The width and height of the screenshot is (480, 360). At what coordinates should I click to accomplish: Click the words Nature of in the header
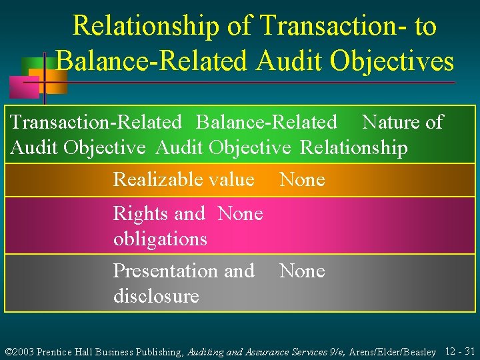[x=402, y=122]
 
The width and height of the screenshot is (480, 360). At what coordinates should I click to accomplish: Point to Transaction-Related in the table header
[x=96, y=122]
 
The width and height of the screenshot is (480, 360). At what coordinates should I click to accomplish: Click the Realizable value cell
[x=184, y=179]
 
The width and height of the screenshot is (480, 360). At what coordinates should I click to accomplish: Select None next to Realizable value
[x=302, y=179]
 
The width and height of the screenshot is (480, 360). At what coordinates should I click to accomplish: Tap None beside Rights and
[x=240, y=213]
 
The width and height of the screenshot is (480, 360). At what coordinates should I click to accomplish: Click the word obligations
[x=160, y=238]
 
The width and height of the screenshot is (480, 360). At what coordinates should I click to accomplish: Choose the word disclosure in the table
[x=156, y=295]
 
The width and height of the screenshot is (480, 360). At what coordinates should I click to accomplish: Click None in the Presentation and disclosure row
[x=302, y=271]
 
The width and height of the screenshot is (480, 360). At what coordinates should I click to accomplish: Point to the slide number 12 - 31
[x=460, y=351]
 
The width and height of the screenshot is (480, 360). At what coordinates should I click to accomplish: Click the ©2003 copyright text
[x=19, y=351]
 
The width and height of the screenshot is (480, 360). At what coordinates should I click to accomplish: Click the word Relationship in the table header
[x=353, y=147]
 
